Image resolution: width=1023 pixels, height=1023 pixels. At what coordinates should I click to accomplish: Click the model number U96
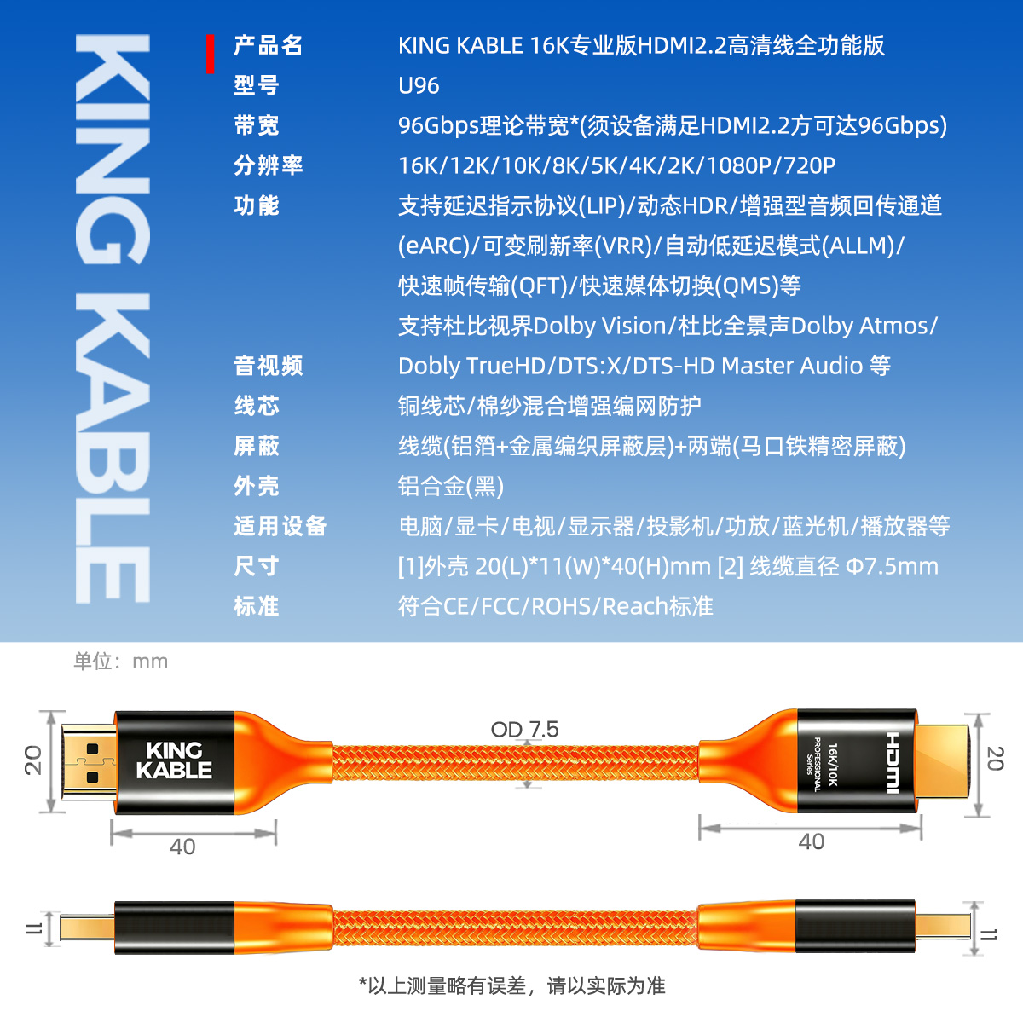pos(419,85)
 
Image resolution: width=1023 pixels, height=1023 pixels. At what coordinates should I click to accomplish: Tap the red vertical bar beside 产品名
pos(211,54)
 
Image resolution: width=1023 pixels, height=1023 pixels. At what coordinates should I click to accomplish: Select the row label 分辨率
pos(268,165)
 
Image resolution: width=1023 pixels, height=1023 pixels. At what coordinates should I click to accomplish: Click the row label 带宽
pos(257,126)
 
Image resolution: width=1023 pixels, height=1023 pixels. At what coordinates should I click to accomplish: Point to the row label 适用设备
pos(280,526)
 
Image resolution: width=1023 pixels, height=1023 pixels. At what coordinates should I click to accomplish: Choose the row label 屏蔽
pos(257,446)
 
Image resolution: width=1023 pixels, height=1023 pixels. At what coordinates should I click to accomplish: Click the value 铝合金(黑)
pos(451,486)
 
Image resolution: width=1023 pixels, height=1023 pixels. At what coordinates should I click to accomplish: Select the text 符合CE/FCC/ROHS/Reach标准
pos(555,606)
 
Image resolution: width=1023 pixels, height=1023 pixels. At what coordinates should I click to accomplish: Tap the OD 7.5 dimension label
pos(524,730)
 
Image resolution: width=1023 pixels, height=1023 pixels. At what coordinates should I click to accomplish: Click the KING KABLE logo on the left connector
pos(174,760)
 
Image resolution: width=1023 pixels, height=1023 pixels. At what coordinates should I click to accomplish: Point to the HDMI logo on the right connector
pos(893,762)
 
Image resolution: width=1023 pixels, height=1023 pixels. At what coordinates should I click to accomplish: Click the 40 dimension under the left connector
pos(182,847)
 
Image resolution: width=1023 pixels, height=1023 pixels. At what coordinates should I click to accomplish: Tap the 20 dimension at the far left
pos(33,760)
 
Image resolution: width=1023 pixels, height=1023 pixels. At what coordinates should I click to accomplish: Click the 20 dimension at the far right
pos(995,759)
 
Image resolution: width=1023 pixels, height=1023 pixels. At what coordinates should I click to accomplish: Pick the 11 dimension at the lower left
pos(33,928)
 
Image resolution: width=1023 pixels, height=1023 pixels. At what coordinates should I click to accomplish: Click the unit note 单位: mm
pos(120,662)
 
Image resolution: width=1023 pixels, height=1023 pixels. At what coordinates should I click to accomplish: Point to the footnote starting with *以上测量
pos(511,986)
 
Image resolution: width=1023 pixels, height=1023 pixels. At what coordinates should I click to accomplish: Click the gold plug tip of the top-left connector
pos(89,762)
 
